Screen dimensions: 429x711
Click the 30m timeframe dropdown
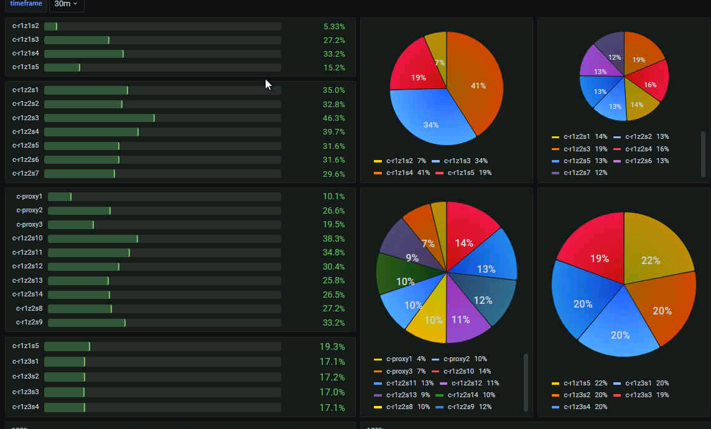pos(66,4)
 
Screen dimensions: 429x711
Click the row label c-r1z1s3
pos(26,40)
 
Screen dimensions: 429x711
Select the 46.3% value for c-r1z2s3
pos(333,118)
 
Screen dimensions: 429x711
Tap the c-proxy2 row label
pos(29,210)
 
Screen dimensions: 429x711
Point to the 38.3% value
pos(333,238)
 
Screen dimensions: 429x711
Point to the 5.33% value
pos(334,26)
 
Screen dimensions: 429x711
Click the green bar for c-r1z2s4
pos(91,132)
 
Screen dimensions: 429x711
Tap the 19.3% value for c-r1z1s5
pos(332,346)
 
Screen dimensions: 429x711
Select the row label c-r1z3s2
pos(26,376)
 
